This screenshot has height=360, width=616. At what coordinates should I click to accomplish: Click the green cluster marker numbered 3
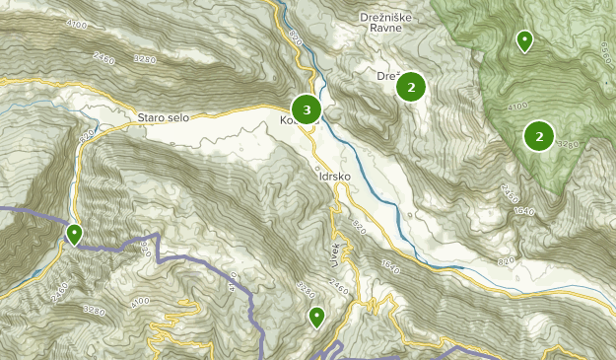coord(307,108)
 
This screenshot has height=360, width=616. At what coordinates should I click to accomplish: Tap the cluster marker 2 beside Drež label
coord(410,87)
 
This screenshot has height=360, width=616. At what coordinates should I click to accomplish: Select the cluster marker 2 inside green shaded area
coord(538,135)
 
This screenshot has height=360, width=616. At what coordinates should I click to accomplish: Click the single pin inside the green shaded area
coord(524,40)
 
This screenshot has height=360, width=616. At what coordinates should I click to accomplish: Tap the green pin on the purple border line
coord(74,235)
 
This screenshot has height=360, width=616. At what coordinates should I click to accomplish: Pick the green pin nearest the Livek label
coord(316,317)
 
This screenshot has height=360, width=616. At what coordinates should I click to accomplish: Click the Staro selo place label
coord(164,117)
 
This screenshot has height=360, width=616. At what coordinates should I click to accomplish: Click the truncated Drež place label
coord(386,75)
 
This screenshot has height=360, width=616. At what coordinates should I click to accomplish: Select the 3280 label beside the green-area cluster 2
coord(567,145)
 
